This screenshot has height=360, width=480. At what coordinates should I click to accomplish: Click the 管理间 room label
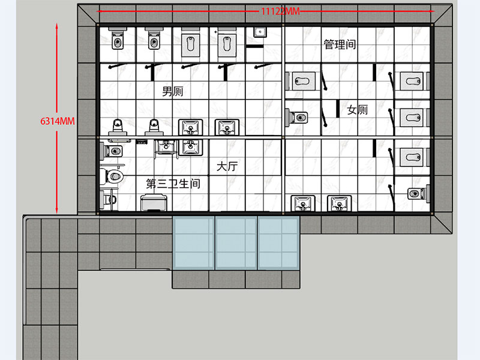pos(340,44)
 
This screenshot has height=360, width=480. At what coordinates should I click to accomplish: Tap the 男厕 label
pos(173,91)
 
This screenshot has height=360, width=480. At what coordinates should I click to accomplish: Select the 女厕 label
pos(357,110)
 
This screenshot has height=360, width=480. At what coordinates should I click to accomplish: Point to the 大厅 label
pos(227,167)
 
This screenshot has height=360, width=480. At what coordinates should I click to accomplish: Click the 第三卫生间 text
pos(173,184)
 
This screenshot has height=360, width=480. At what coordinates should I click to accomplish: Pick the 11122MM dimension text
pos(280,11)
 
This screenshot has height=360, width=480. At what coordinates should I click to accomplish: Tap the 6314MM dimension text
pos(58,121)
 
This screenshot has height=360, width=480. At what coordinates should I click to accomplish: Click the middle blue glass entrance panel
pos(236,243)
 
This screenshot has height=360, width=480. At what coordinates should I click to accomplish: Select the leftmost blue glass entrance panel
pos(193,243)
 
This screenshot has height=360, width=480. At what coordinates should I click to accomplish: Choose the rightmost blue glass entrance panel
pos(278,243)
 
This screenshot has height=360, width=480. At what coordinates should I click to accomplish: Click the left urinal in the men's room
pos(118,127)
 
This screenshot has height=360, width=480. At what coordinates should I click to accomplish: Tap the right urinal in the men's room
pos(154,127)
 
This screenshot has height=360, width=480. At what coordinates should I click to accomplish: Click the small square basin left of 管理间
pos(260,32)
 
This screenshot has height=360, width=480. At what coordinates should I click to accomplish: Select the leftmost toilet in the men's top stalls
pos(118,38)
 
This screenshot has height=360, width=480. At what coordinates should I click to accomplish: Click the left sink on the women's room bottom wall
pos(303,203)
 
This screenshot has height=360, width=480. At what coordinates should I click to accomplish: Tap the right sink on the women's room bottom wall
pos(340,203)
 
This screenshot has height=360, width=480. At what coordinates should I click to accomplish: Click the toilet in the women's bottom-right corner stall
pos(418,193)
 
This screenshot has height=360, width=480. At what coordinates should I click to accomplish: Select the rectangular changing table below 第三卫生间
pos(154,202)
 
